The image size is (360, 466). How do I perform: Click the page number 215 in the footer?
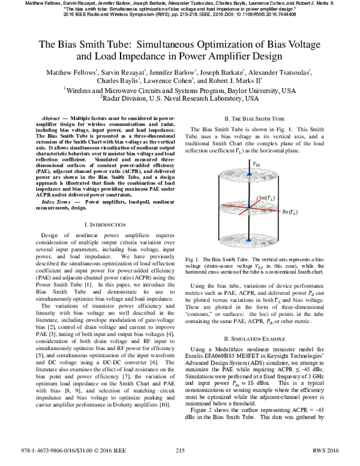click(179, 459)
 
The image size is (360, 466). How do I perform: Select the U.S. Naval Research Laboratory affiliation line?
click(180, 98)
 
